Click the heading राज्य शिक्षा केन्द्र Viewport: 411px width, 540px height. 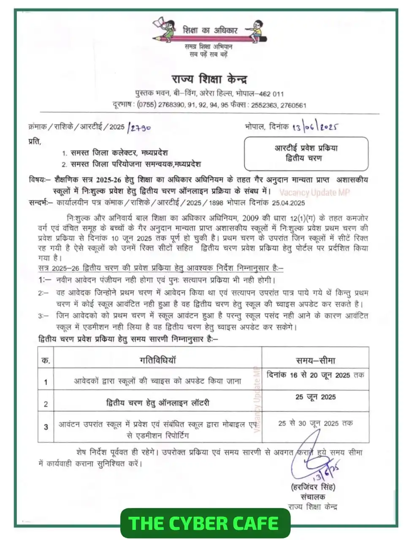(x=209, y=79)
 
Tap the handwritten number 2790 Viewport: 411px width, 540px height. (x=139, y=127)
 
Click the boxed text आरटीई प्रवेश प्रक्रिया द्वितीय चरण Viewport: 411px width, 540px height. (x=306, y=153)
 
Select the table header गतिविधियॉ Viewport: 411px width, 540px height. (x=157, y=360)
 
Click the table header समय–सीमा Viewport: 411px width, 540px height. (x=315, y=360)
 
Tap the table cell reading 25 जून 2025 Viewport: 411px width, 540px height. (x=315, y=397)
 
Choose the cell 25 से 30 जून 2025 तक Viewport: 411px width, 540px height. (x=315, y=423)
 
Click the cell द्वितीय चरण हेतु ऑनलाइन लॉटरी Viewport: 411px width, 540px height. (x=157, y=403)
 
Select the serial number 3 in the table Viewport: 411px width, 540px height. (x=46, y=427)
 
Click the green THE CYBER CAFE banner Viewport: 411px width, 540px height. (x=205, y=524)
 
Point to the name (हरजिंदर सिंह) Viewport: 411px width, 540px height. (x=313, y=487)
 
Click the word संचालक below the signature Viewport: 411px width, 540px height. (x=313, y=497)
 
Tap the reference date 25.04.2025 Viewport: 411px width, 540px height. (x=288, y=202)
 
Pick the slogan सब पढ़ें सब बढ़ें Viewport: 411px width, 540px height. (x=208, y=54)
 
